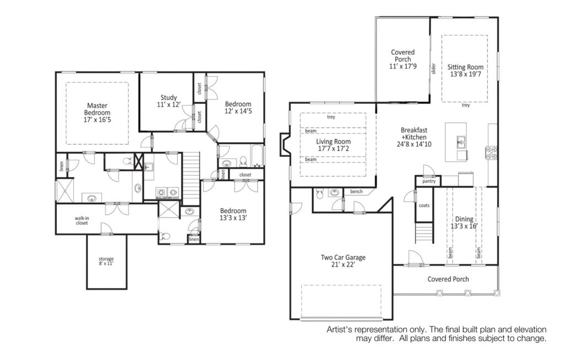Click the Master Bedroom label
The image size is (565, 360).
coord(97,113)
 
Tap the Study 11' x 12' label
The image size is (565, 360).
coord(169,101)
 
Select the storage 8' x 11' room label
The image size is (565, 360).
coord(106,261)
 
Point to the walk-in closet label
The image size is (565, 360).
coord(82,220)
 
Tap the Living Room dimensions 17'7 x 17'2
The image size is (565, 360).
coord(333,149)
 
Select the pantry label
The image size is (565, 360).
coord(429,182)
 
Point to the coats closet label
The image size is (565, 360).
coord(424,205)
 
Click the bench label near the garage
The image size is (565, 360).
coord(356,192)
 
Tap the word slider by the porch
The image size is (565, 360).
coord(434,68)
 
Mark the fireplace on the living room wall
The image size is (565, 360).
coord(285,145)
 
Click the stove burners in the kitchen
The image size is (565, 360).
coord(492,152)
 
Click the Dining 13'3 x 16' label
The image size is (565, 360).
coord(464,223)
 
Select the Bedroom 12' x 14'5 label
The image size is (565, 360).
coord(238,108)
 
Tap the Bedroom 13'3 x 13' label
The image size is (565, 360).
coord(233,214)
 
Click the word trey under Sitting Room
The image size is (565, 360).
coord(466,105)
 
